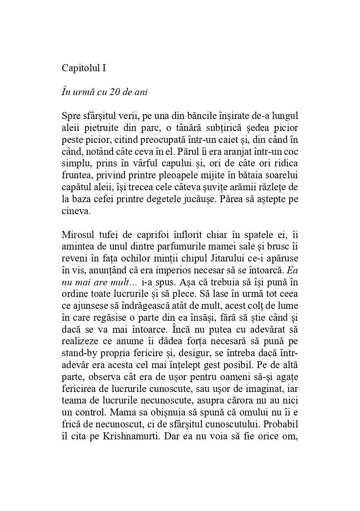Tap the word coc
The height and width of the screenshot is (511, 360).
(291, 151)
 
